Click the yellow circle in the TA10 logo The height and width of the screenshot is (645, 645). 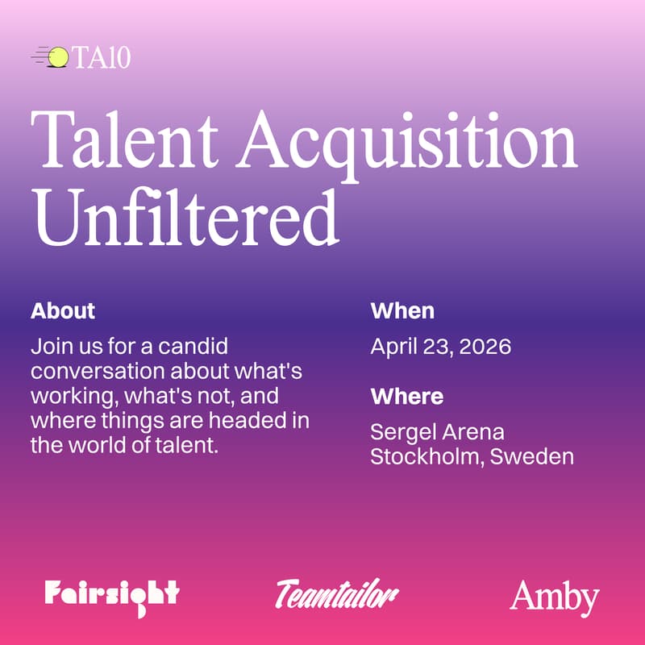pos(59,56)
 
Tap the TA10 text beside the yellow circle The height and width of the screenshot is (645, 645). pos(101,58)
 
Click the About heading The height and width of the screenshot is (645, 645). pos(63,310)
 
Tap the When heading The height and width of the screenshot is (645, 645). pos(402,310)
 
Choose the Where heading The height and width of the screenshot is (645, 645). pos(406,397)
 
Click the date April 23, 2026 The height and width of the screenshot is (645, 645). pos(441,347)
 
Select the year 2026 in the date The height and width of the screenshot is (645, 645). pos(487,347)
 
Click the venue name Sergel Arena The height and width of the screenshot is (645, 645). pos(437,433)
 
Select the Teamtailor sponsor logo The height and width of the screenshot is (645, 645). pos(337,595)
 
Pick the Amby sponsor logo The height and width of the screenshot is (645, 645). pos(554,597)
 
